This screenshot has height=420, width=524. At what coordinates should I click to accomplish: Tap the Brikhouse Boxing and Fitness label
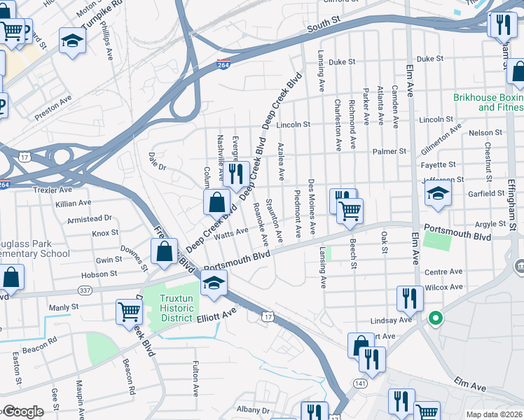click(x=488, y=102)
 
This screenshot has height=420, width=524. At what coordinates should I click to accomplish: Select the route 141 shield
click(x=360, y=384)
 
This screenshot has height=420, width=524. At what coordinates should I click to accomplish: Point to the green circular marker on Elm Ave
click(x=435, y=319)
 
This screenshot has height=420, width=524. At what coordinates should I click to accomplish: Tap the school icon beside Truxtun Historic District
click(x=214, y=283)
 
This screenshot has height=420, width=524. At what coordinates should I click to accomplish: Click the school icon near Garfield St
click(x=438, y=195)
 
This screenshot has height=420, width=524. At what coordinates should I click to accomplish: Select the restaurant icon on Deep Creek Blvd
click(x=235, y=174)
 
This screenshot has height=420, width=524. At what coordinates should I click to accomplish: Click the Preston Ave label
click(x=53, y=101)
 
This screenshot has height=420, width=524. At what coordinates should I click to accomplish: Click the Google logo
click(x=22, y=412)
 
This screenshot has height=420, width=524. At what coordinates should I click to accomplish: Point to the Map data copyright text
click(x=494, y=414)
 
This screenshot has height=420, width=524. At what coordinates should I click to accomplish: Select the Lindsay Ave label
click(x=394, y=320)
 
